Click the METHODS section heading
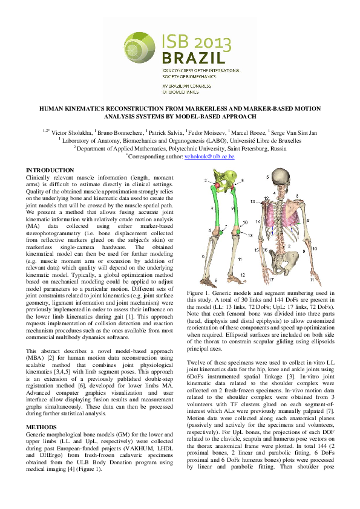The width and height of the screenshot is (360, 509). point(41,410)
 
